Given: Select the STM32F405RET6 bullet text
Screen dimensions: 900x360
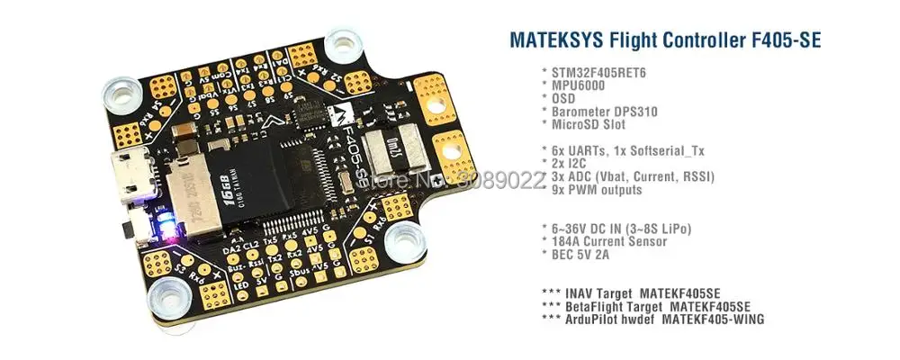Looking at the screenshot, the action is point(595,71).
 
